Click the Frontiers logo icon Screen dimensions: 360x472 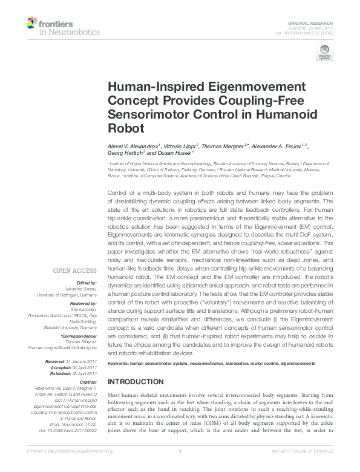(x=32, y=24)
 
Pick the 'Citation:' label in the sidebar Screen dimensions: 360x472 (x=88, y=382)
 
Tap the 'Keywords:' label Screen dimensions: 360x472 (x=119, y=363)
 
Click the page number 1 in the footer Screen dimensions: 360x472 (x=180, y=468)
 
